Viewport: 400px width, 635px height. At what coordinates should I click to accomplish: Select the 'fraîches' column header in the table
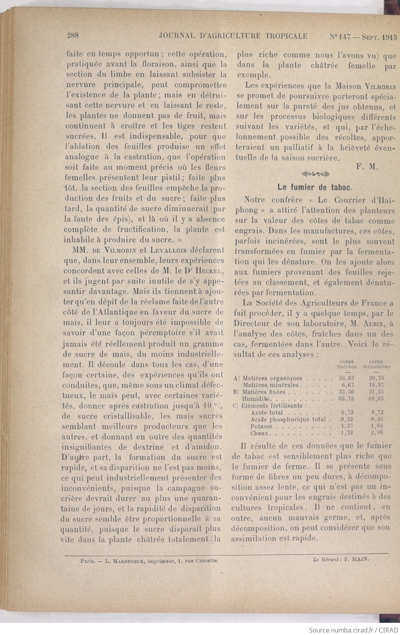(x=347, y=367)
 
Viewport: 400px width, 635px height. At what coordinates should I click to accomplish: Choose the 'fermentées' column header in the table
(x=376, y=367)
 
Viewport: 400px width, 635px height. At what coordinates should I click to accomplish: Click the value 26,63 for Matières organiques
(x=347, y=378)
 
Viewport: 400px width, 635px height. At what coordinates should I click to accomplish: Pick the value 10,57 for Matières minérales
(x=376, y=385)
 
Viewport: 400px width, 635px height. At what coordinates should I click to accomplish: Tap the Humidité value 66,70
(x=347, y=399)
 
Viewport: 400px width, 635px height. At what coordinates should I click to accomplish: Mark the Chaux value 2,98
(x=376, y=433)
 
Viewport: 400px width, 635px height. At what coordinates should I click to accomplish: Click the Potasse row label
(x=262, y=427)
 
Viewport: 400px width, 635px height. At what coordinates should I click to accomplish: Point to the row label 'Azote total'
(x=267, y=412)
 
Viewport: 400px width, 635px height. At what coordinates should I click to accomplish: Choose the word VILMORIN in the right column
(x=380, y=86)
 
